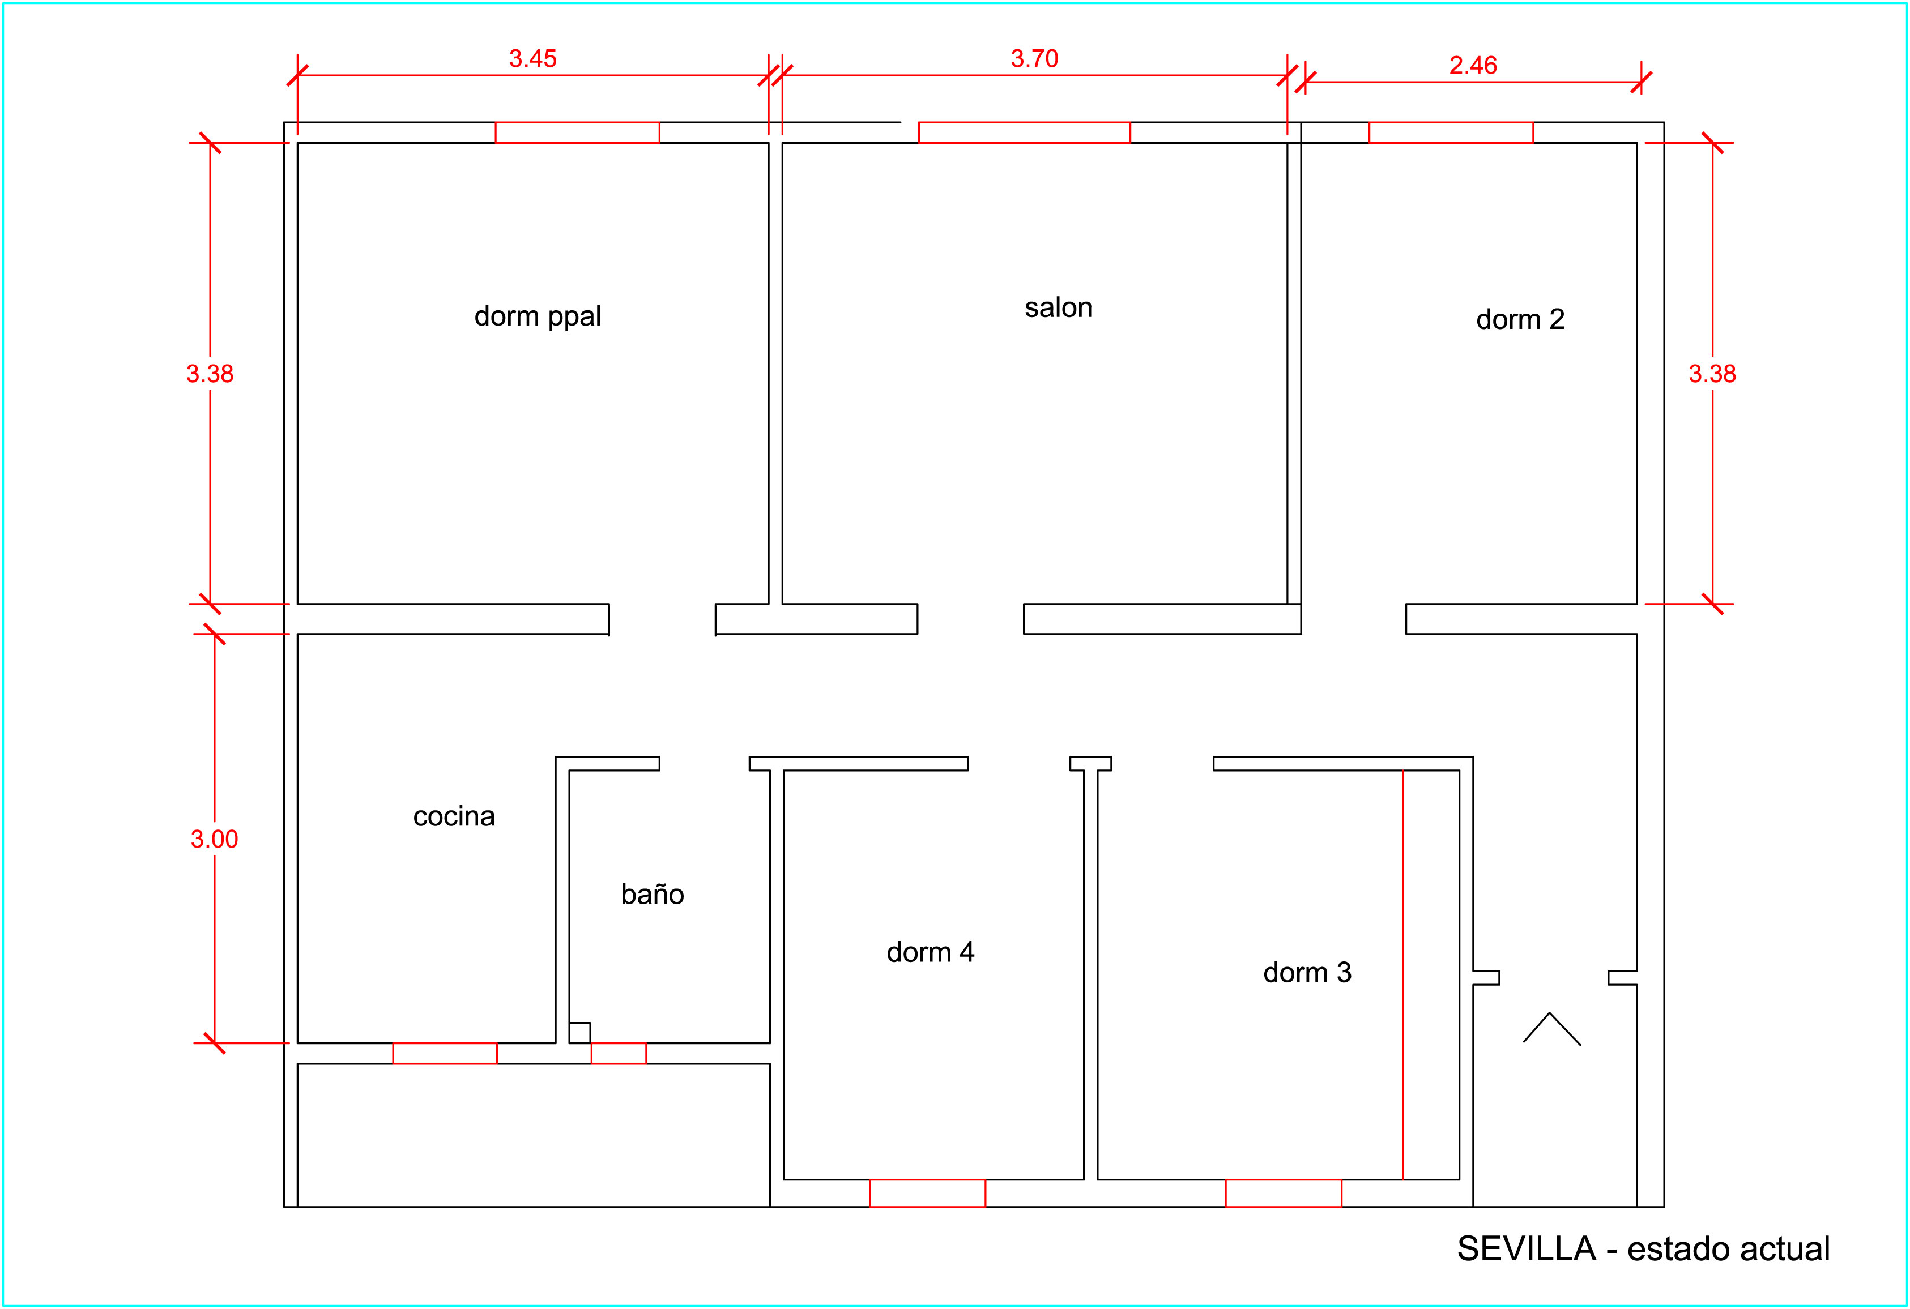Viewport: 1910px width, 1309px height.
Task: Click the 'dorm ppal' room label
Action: coord(538,317)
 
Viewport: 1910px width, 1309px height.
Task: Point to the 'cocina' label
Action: coord(454,816)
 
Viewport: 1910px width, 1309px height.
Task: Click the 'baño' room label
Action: coord(653,893)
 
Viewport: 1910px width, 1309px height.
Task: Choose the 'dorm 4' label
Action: coord(930,952)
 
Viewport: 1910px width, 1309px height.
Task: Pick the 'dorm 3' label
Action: coord(1307,972)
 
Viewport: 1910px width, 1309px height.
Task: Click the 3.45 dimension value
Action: coord(532,58)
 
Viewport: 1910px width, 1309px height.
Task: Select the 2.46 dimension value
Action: coord(1473,65)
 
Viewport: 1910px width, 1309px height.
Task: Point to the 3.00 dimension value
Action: coord(215,839)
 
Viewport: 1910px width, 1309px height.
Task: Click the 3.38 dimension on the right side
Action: coord(1713,374)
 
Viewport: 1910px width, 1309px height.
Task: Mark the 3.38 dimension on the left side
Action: coord(210,374)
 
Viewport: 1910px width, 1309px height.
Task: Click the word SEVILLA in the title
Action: coord(1526,1249)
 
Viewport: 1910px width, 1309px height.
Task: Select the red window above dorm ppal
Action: coord(577,132)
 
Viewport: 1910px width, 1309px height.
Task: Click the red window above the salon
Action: coord(1024,132)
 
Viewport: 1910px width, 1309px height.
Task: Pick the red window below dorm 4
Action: coord(927,1193)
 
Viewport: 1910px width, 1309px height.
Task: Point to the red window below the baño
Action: coord(619,1054)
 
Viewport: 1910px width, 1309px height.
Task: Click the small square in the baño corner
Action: coord(579,1033)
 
